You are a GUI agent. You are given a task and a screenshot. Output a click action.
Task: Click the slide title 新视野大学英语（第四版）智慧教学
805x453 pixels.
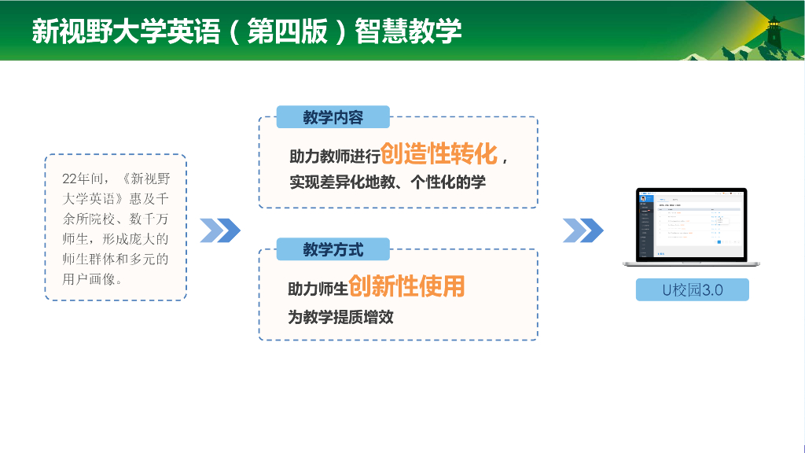[246, 31]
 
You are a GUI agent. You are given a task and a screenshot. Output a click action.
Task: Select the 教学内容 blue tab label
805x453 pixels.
[333, 118]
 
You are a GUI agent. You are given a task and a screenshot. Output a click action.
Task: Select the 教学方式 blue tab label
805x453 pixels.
[333, 249]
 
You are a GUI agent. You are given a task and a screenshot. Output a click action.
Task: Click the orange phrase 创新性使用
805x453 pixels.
[406, 285]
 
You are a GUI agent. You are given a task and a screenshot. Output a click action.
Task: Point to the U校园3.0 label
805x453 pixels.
[692, 289]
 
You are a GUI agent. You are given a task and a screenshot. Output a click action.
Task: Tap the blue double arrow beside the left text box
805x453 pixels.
[219, 230]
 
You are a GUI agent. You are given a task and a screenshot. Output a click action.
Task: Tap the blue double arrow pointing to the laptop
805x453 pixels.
[583, 230]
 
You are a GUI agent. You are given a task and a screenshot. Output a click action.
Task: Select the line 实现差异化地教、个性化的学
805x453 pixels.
[388, 182]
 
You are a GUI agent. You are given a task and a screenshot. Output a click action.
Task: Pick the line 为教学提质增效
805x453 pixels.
[340, 318]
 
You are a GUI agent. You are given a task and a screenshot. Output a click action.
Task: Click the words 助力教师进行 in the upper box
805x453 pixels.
[335, 157]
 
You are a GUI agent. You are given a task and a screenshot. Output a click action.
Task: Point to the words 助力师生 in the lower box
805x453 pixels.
[318, 289]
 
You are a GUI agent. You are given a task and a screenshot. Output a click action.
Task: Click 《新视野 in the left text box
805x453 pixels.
[142, 179]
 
